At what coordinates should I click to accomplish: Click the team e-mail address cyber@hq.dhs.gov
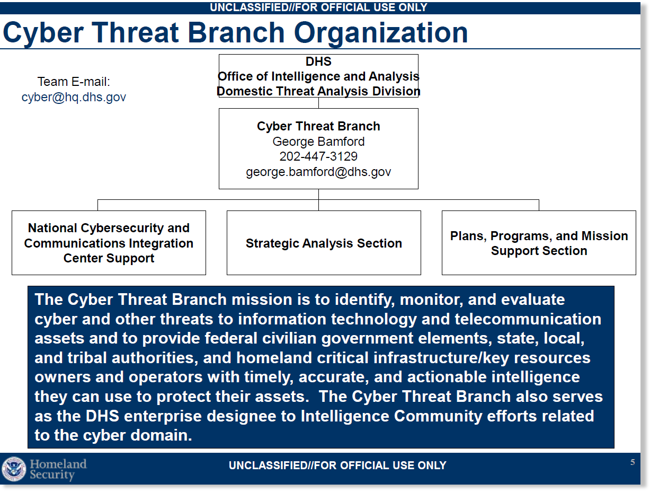[x=74, y=98]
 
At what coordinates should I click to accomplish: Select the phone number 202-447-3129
[x=318, y=156]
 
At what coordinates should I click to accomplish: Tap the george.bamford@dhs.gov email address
[x=318, y=172]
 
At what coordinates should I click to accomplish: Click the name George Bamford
[x=318, y=142]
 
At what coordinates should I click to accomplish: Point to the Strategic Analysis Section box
[x=324, y=243]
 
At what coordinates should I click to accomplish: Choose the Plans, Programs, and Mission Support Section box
[x=539, y=243]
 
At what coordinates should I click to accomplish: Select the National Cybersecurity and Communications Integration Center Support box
[x=109, y=243]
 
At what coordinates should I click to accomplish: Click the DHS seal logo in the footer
[x=14, y=469]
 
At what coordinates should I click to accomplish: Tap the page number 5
[x=633, y=462]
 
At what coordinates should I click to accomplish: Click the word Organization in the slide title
[x=381, y=33]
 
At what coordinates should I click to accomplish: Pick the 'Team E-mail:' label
[x=74, y=82]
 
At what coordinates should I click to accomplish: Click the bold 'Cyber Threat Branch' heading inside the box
[x=318, y=126]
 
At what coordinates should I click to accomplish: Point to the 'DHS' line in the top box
[x=318, y=61]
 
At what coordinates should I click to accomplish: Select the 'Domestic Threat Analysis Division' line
[x=318, y=91]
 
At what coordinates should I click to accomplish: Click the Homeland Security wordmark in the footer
[x=58, y=469]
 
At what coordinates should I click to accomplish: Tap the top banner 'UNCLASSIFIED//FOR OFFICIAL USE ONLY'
[x=318, y=7]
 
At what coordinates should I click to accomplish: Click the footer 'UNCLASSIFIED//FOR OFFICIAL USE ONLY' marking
[x=337, y=465]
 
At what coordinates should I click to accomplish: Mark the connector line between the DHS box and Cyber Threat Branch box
[x=318, y=103]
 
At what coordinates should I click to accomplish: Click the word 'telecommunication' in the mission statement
[x=528, y=319]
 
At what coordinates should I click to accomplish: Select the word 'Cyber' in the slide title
[x=43, y=33]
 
